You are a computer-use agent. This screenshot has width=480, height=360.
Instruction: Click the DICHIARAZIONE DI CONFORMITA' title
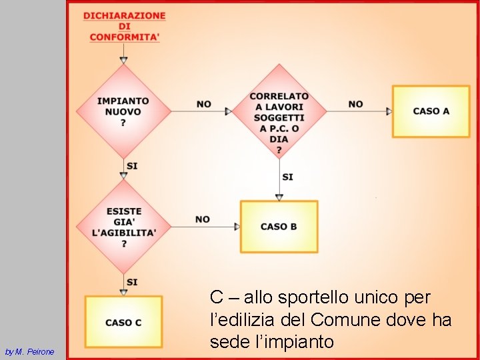click(x=125, y=27)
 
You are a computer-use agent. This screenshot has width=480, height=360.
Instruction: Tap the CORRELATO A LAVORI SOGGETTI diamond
click(x=279, y=111)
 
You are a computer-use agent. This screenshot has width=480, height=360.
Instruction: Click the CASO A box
click(x=431, y=111)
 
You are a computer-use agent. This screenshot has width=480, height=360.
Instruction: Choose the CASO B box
click(x=279, y=227)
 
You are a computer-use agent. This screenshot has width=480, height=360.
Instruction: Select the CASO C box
click(x=123, y=322)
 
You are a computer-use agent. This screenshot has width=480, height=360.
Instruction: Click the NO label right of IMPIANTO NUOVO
click(x=204, y=104)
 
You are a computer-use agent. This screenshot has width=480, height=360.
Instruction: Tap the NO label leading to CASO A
click(x=355, y=104)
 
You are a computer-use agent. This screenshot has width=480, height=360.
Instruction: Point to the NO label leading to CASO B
click(x=203, y=219)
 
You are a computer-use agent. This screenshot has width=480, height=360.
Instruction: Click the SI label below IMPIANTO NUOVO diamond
click(x=132, y=165)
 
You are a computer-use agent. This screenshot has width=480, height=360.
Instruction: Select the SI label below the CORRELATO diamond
click(x=287, y=177)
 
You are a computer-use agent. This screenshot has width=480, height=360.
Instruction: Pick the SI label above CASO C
click(x=132, y=282)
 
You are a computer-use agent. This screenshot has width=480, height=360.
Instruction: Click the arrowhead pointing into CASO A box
click(x=389, y=111)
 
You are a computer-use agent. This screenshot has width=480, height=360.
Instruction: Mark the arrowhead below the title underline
click(x=123, y=60)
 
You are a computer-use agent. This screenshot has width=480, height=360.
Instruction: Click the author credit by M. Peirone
click(x=29, y=351)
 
